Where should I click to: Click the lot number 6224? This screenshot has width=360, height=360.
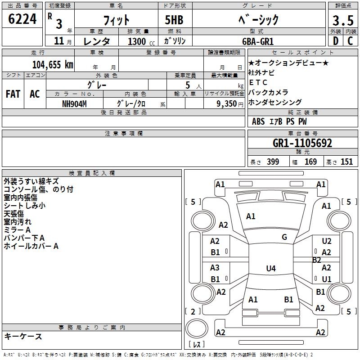click(23, 19)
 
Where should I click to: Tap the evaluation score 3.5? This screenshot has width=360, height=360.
click(342, 20)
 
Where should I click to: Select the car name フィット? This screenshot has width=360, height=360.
click(117, 20)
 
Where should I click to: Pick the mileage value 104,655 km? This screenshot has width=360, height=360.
click(53, 64)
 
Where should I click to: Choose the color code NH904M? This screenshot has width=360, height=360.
click(74, 103)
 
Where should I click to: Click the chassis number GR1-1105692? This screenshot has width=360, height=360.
click(302, 144)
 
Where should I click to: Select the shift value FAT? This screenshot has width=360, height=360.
click(13, 94)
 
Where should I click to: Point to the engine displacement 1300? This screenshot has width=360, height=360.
click(137, 41)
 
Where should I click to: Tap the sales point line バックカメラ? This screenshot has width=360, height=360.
click(268, 92)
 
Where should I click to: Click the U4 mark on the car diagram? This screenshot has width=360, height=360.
click(270, 269)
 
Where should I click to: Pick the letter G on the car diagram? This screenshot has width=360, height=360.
click(284, 237)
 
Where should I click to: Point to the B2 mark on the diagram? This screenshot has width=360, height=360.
click(317, 260)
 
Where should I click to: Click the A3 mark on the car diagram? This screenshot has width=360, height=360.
click(215, 267)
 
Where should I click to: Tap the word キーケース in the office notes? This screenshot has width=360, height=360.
click(23, 337)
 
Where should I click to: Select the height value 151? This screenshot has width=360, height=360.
click(346, 162)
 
